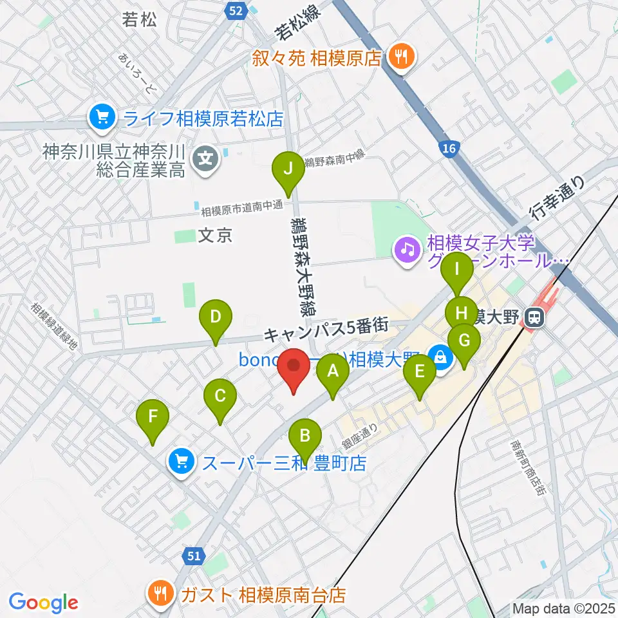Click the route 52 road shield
[x=236, y=10]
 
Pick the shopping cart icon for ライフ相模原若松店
[x=102, y=117]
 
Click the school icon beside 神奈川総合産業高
[x=206, y=155]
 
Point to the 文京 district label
[x=214, y=236]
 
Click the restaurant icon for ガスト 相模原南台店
[x=159, y=593]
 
